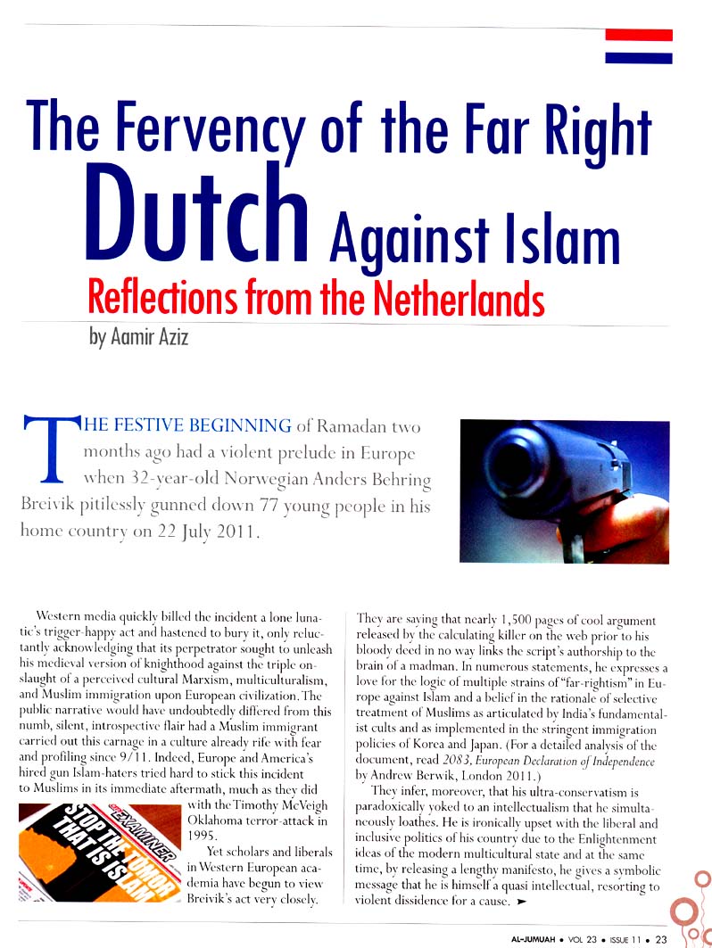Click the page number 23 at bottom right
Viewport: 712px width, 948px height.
(x=661, y=938)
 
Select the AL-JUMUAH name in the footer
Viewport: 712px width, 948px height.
(x=535, y=938)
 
